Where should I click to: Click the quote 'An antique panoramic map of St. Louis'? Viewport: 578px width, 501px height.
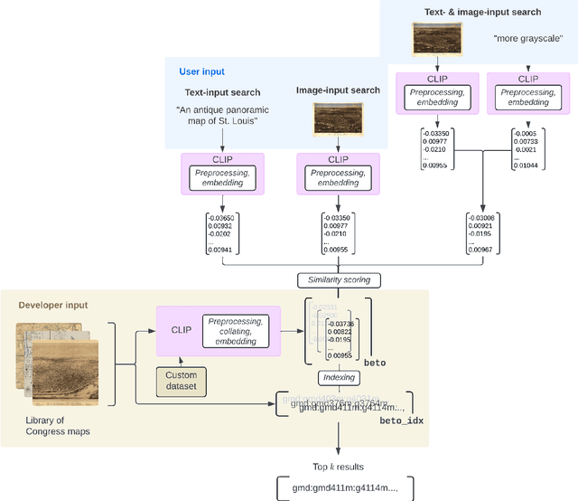tap(218, 116)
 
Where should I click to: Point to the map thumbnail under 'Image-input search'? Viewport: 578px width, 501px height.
tap(337, 117)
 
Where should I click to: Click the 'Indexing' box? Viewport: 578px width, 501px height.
tap(337, 376)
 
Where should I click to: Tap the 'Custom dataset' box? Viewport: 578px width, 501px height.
tap(187, 380)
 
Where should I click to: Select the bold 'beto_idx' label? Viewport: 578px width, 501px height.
tap(400, 421)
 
